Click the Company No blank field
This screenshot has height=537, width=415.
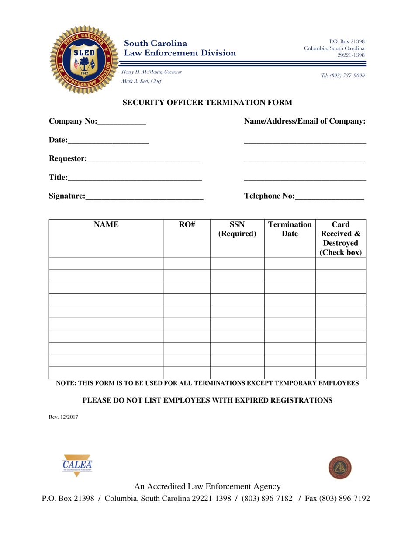122,122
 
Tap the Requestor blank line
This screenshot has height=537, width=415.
144,159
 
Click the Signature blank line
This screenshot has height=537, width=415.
144,197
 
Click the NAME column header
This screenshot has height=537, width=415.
106,225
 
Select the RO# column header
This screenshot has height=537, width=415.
187,225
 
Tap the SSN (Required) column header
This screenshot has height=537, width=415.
237,229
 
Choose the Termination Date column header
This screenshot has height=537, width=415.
290,229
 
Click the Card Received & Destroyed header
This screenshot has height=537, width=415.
341,238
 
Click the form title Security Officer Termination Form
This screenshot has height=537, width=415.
207,103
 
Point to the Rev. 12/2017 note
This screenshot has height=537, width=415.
63,417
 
